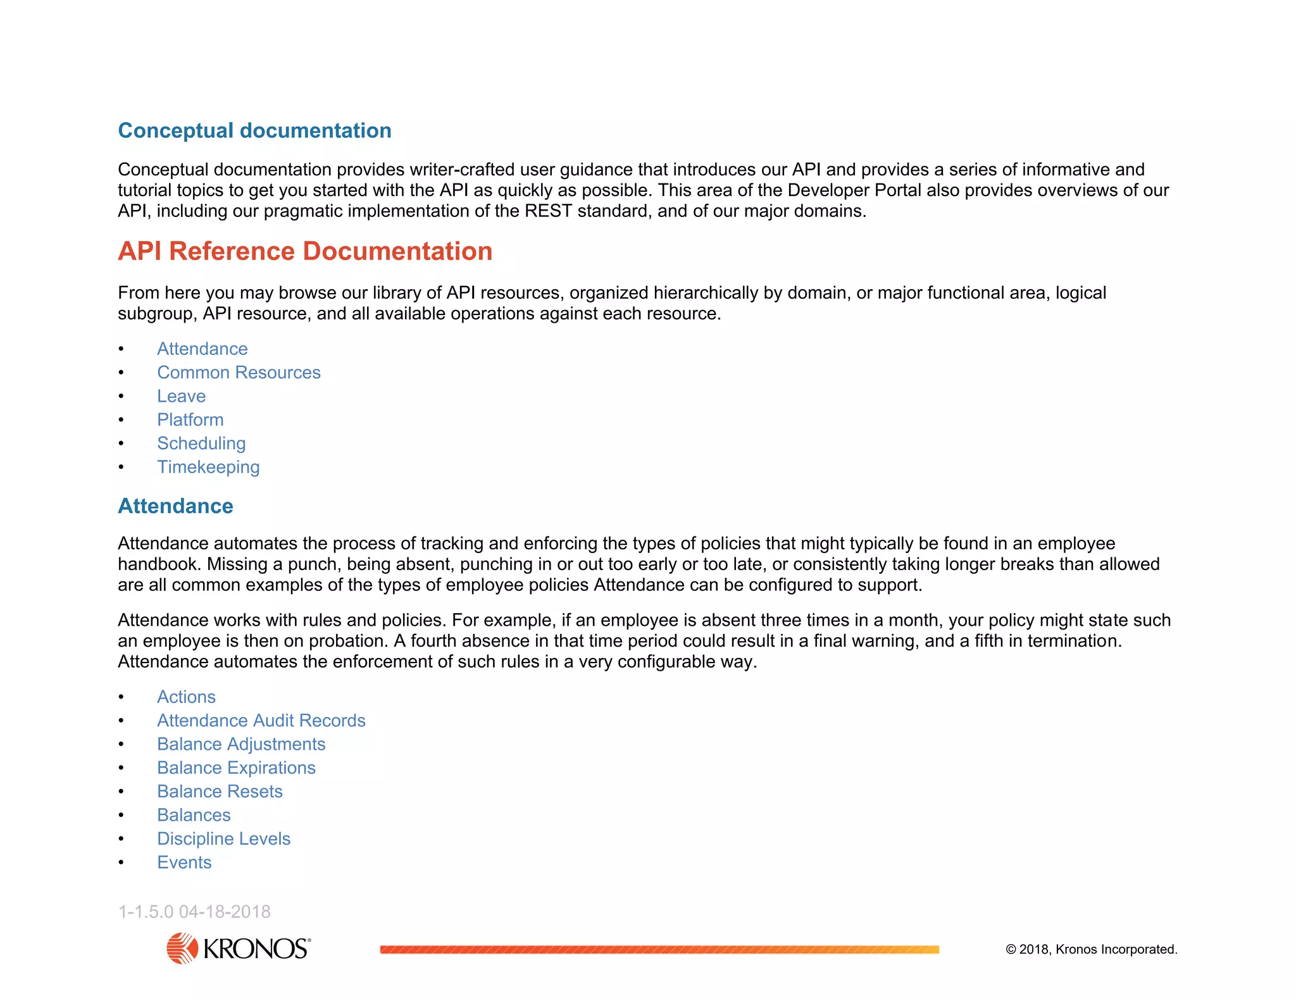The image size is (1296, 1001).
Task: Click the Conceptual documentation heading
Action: click(254, 130)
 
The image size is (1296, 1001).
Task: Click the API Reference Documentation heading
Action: click(305, 251)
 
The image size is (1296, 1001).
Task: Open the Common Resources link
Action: click(239, 373)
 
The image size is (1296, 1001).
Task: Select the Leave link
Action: click(181, 396)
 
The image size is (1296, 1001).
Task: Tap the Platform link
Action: click(190, 420)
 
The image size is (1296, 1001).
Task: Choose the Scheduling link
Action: click(201, 444)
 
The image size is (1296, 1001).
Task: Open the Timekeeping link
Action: click(208, 467)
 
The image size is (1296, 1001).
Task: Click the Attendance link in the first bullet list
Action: click(202, 349)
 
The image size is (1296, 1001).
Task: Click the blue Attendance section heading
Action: click(175, 506)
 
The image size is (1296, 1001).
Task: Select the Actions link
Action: click(186, 697)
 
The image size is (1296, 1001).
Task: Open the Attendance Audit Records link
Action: click(261, 721)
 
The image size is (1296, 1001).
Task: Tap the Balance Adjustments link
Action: click(241, 744)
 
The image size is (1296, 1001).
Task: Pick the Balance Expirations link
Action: click(236, 768)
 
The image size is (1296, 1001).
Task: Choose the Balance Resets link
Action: click(220, 792)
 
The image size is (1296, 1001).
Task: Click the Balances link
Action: click(194, 815)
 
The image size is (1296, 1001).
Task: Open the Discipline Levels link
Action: click(223, 839)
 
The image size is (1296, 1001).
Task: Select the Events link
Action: click(184, 862)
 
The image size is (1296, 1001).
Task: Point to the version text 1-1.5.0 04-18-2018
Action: click(194, 912)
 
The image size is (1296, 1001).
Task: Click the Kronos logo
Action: click(239, 948)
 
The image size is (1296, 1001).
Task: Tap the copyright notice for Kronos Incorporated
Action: click(1091, 949)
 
